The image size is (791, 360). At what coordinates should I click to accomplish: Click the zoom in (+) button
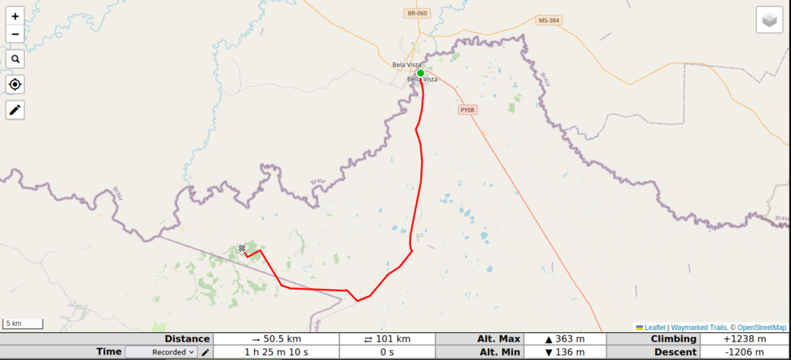click(x=15, y=15)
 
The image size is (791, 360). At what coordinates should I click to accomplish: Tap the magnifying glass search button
click(x=15, y=59)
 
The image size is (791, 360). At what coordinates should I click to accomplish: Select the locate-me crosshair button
click(x=15, y=84)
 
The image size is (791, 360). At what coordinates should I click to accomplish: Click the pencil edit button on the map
click(x=15, y=110)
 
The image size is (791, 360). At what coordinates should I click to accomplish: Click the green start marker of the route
click(x=420, y=73)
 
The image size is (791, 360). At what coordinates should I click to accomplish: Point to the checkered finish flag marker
click(x=242, y=248)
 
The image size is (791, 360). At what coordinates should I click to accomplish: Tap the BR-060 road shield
click(x=416, y=13)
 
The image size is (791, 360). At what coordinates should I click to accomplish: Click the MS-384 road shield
click(x=548, y=20)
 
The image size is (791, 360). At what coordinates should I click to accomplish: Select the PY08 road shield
click(x=467, y=110)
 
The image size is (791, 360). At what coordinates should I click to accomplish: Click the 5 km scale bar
click(x=22, y=324)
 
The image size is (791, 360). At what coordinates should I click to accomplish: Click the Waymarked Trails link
click(x=698, y=328)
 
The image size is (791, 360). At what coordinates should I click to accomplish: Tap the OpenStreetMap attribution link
click(x=760, y=328)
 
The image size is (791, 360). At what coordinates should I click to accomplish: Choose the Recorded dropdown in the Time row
click(x=161, y=352)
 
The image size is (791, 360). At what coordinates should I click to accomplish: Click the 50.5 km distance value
click(x=276, y=339)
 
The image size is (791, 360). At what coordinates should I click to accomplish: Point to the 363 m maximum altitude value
click(x=565, y=339)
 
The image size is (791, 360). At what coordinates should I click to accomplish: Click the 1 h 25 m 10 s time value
click(x=276, y=352)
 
